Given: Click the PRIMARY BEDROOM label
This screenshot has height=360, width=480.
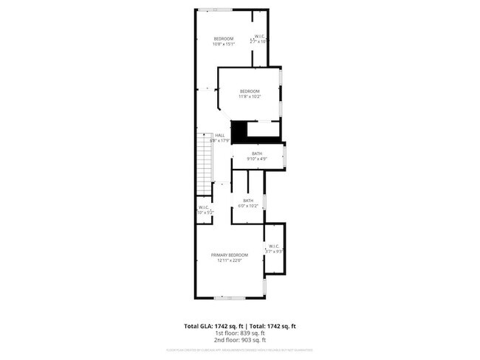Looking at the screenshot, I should (229, 255).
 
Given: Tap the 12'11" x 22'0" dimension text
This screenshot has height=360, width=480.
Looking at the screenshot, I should (229, 260).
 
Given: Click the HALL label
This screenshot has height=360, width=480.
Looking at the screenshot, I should (219, 135).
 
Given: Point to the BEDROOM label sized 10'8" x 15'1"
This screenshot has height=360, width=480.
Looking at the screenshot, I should (224, 39).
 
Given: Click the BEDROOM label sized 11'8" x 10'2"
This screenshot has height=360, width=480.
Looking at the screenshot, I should (250, 91).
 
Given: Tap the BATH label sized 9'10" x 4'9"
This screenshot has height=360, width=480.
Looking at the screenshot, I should (256, 153).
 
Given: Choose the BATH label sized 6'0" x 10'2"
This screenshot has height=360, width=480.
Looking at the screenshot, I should (248, 201).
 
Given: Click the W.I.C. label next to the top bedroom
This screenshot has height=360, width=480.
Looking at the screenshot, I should (260, 37).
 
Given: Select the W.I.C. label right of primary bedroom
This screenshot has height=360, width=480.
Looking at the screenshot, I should (273, 246).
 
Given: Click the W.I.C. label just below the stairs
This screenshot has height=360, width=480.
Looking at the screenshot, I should (204, 207).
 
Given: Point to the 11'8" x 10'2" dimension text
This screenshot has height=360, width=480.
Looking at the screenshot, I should (250, 96).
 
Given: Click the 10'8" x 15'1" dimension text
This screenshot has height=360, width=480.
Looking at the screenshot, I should (224, 44).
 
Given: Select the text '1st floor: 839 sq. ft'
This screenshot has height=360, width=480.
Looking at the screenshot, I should (239, 333).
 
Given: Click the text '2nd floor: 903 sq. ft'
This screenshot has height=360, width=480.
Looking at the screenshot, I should (239, 340).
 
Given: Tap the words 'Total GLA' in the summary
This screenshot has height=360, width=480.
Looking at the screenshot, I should (197, 325).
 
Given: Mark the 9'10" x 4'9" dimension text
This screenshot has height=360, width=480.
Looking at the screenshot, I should (256, 159).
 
